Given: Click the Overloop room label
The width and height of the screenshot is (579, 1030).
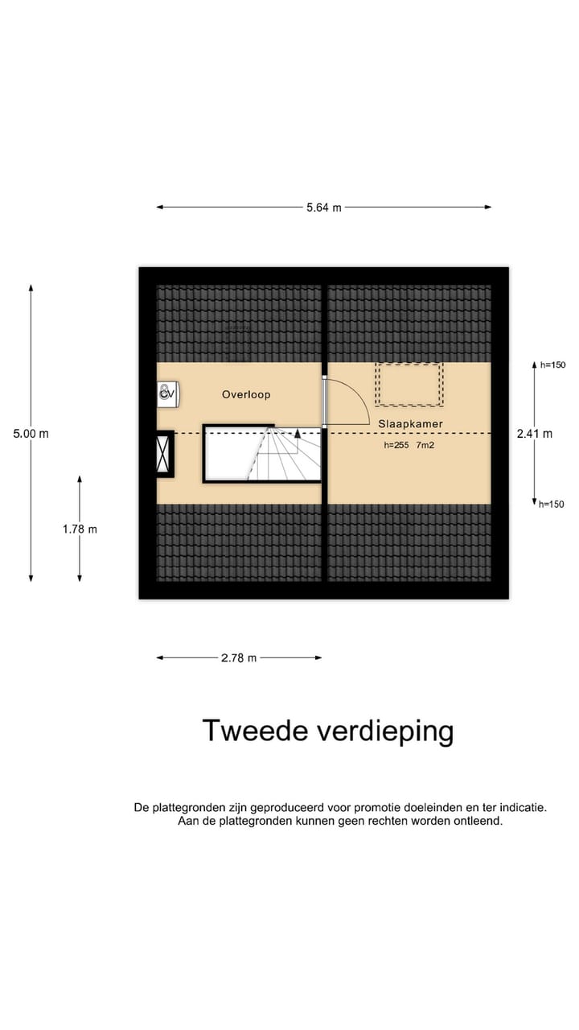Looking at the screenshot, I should (246, 395).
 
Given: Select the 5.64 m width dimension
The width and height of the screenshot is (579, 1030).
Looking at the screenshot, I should (323, 208).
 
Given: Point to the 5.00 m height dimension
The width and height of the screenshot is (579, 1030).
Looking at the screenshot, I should (31, 434).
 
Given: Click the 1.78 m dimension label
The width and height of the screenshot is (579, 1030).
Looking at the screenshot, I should (80, 529).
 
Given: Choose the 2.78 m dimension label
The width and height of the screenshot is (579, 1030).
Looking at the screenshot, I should (239, 658).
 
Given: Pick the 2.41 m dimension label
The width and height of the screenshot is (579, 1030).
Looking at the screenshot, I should (535, 434).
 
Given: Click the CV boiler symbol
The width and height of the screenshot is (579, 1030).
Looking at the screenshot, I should (167, 393).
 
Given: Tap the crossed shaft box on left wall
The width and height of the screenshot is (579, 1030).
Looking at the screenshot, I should (164, 455).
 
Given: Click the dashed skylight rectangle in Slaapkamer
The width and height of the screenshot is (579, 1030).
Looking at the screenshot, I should (409, 385).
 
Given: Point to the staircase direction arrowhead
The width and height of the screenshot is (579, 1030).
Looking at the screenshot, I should (298, 432).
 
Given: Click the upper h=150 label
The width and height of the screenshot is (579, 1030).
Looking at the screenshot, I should (553, 365).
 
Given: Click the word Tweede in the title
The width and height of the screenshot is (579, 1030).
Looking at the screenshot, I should (253, 731).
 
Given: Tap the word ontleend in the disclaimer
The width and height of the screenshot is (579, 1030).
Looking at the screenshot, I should (478, 822).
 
